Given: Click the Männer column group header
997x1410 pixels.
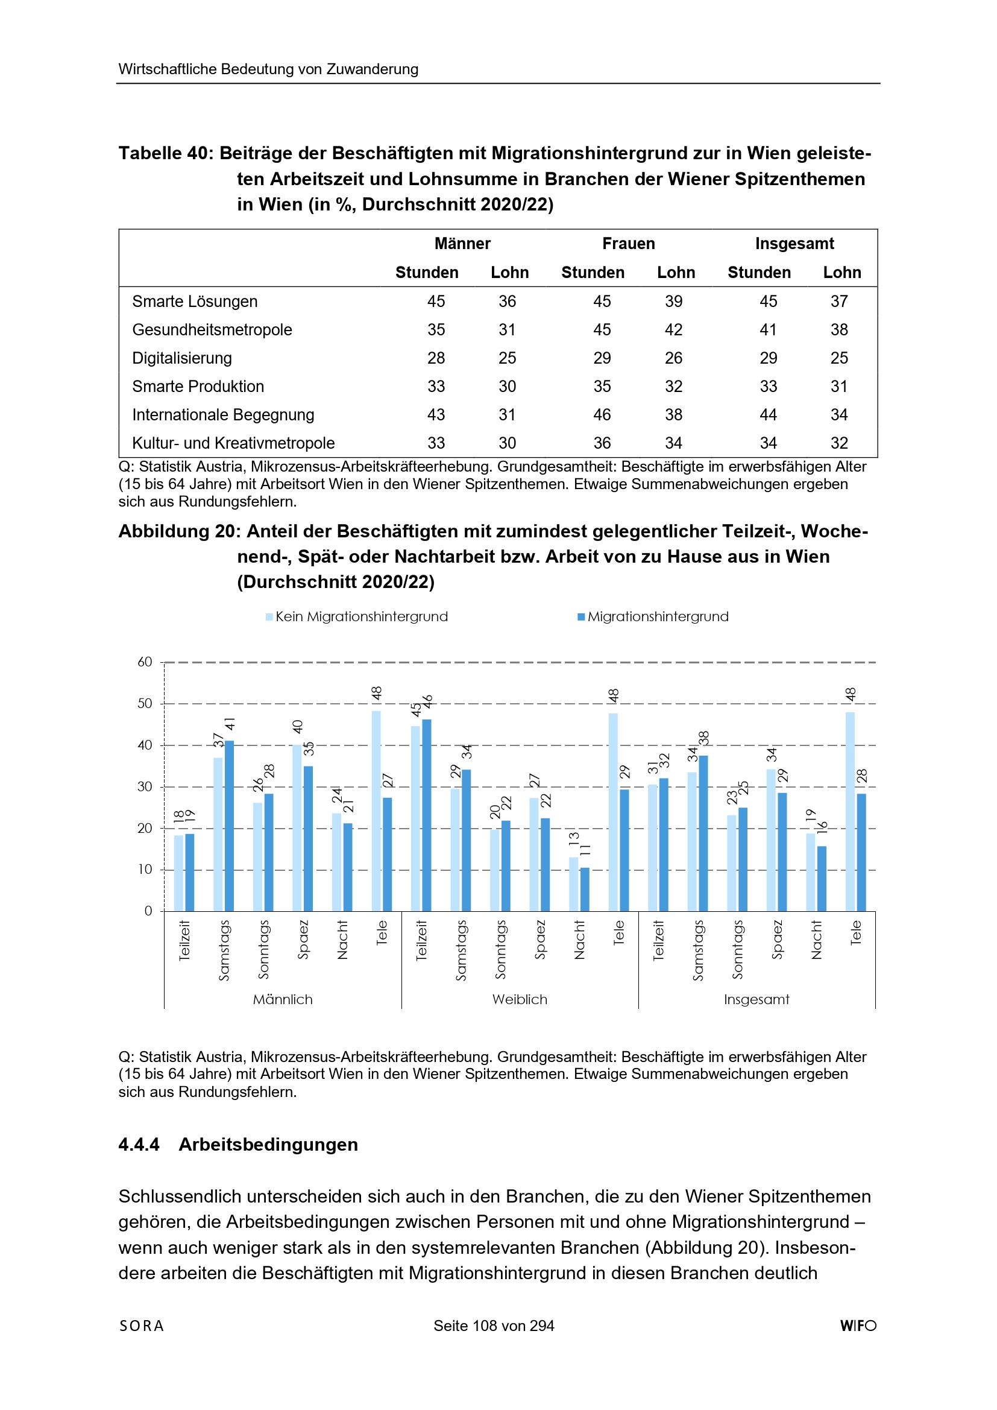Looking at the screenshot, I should tap(462, 244).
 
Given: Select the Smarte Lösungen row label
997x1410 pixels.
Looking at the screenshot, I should tap(195, 302).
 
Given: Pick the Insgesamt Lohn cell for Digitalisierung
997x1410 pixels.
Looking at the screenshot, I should tap(838, 358).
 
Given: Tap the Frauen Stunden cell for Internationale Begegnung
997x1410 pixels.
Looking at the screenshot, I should tap(602, 414).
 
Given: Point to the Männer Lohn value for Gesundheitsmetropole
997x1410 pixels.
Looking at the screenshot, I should tap(506, 330).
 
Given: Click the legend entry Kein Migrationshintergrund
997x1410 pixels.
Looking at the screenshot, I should tap(361, 616).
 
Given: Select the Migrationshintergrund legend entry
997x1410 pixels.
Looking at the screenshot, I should tap(658, 616).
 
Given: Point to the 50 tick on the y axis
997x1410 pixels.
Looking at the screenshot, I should tap(145, 704).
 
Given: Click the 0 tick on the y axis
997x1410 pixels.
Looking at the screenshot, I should tap(148, 911).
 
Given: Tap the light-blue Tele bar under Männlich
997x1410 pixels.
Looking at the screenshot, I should tap(376, 811).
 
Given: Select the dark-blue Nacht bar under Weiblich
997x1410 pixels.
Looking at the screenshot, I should tap(585, 888).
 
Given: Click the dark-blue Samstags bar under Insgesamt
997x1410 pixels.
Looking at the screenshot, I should tap(703, 833).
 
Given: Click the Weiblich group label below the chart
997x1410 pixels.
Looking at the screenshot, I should tap(520, 999).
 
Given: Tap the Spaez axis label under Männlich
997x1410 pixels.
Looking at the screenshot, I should tap(303, 940).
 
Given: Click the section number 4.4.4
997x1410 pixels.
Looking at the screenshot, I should tap(139, 1145).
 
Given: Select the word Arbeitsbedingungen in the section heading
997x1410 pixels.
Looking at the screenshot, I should tap(268, 1145).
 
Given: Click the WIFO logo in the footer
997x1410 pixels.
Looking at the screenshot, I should tap(858, 1326).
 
